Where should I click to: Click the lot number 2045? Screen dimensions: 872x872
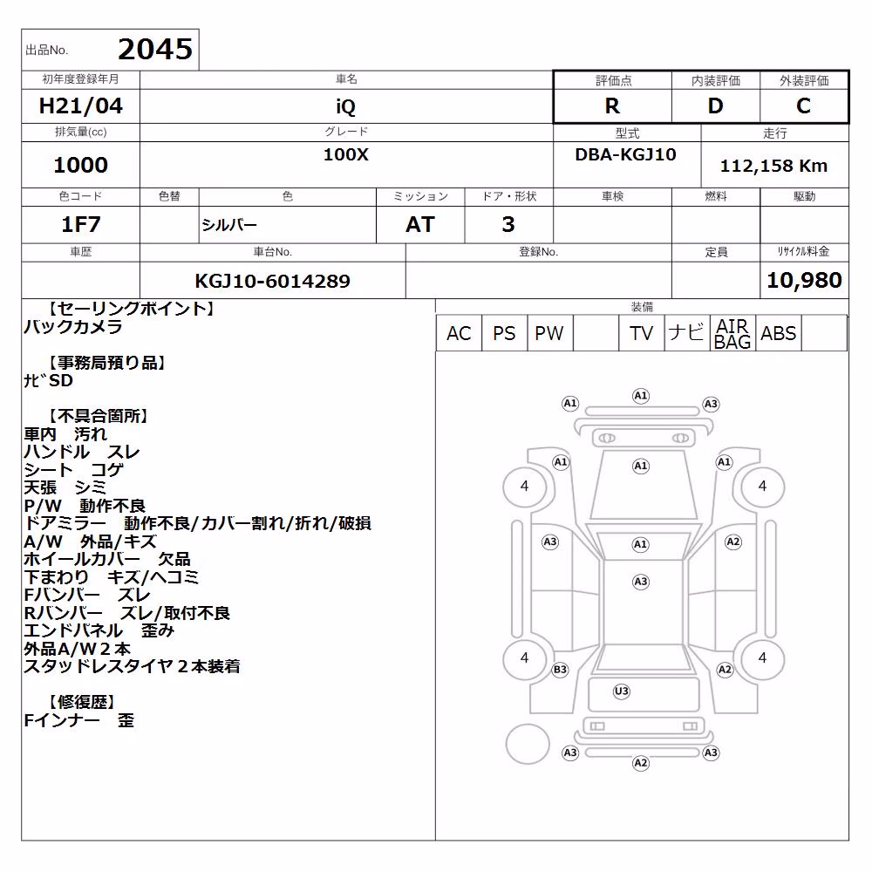(155, 50)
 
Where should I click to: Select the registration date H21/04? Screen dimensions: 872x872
(80, 106)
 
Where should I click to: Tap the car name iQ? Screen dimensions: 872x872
(345, 106)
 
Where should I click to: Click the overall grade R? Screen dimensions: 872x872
(612, 106)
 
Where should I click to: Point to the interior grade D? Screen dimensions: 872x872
(715, 106)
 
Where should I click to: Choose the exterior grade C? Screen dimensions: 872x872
(803, 106)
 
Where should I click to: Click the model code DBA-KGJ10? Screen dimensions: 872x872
(625, 154)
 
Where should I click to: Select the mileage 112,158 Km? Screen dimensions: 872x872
(773, 166)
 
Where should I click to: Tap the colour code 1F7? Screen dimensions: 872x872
(80, 224)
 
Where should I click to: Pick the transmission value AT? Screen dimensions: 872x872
(420, 224)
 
